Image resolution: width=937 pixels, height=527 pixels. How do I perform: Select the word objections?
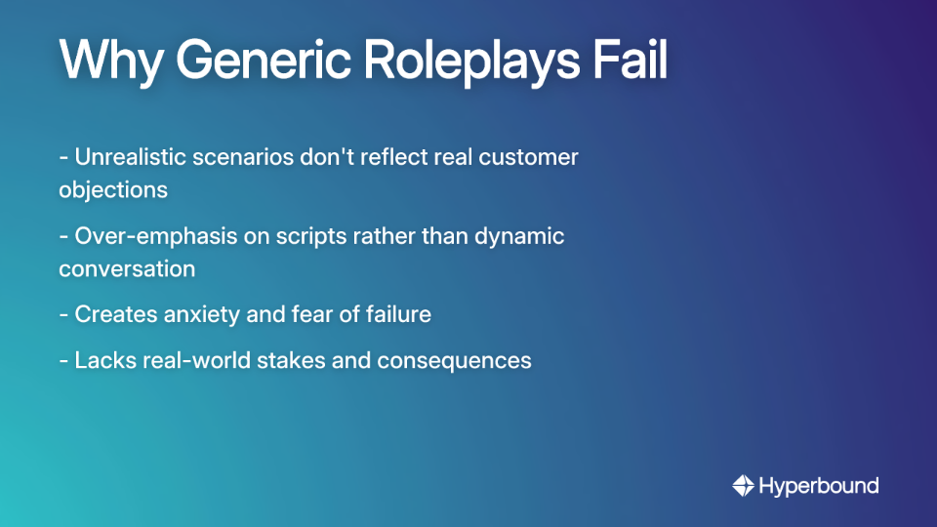(113, 189)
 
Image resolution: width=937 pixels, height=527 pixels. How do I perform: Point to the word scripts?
(314, 236)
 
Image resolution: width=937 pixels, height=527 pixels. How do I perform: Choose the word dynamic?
(519, 236)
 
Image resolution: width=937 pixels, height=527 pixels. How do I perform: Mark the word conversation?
(127, 268)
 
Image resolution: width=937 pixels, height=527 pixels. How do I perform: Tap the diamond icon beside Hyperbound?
(744, 485)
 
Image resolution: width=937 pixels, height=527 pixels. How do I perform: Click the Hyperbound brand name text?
(818, 485)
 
